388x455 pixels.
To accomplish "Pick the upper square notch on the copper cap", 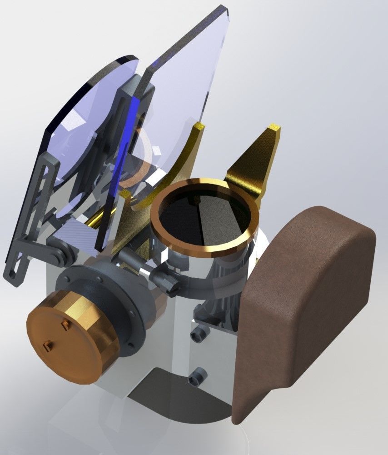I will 65,324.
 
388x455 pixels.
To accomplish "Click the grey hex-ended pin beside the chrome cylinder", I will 166,280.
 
